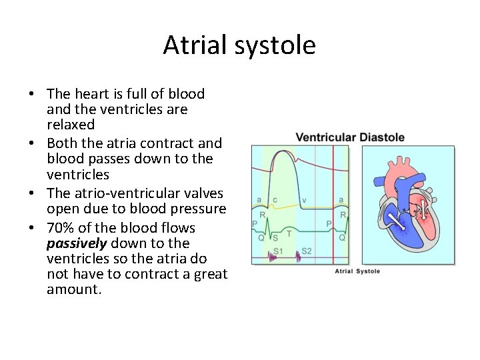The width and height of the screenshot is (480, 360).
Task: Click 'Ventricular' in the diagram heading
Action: [x=326, y=137]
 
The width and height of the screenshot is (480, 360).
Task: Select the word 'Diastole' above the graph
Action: [x=382, y=137]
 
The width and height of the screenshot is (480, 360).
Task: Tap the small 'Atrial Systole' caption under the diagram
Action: [x=357, y=271]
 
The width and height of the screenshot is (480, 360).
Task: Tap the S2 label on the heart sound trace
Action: [x=307, y=251]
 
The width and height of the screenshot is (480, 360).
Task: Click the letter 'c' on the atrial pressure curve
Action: [x=275, y=200]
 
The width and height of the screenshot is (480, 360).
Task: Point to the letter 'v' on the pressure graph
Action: [x=304, y=200]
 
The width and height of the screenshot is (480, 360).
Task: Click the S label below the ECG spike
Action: [x=275, y=237]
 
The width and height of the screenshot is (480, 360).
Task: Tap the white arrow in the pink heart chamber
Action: [x=422, y=210]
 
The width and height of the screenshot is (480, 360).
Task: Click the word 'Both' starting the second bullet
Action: [x=62, y=143]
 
